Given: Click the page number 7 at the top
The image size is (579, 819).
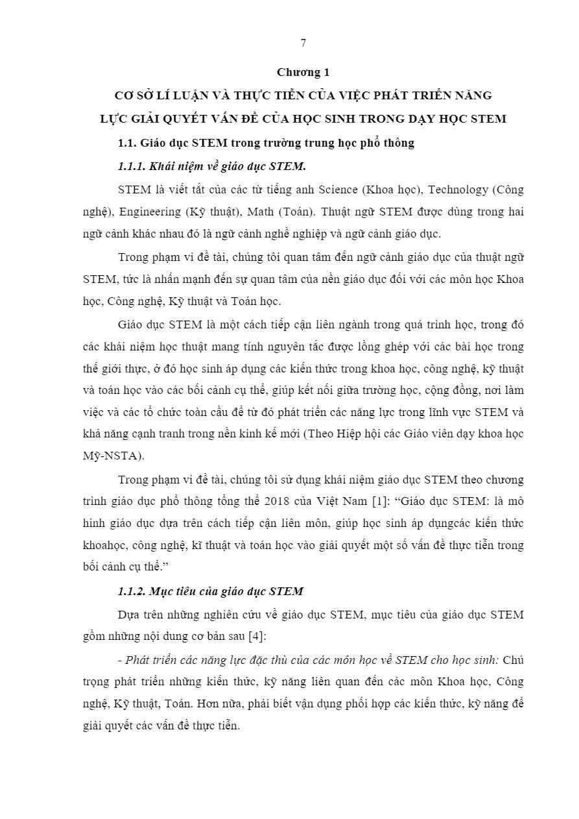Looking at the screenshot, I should point(303,43).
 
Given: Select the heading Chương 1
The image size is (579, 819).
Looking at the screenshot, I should point(303,72).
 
